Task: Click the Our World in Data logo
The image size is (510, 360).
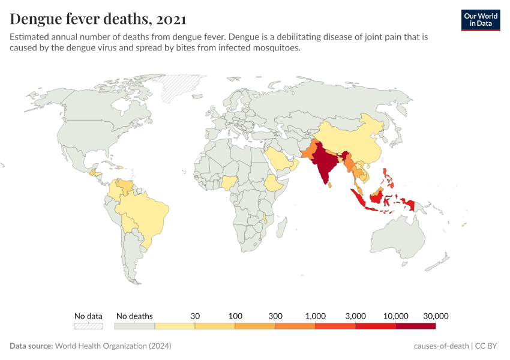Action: (x=481, y=20)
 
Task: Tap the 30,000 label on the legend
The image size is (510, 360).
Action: (x=436, y=316)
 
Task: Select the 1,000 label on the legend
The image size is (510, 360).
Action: (x=315, y=316)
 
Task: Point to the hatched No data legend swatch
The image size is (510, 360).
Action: (x=88, y=326)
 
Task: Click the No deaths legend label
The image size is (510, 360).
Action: (x=134, y=316)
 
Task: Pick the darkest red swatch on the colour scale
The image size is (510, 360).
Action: (x=415, y=326)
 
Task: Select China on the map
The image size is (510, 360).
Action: (x=354, y=141)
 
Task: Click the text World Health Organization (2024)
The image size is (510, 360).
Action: (x=113, y=346)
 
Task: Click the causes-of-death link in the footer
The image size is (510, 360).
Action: (x=441, y=346)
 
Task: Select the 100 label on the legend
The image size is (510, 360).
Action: (x=235, y=316)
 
